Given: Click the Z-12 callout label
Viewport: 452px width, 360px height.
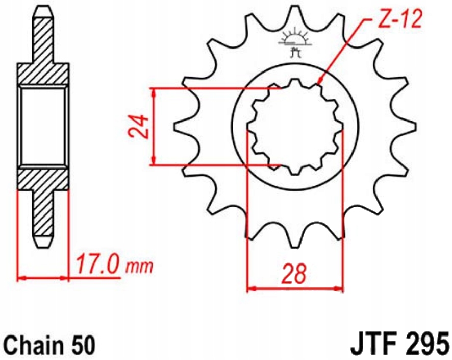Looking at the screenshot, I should point(400,21).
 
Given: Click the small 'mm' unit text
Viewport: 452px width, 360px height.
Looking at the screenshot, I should point(139,266).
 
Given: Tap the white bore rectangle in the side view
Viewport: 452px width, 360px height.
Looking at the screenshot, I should point(43,126).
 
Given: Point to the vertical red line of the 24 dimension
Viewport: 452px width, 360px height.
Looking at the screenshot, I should point(154,126).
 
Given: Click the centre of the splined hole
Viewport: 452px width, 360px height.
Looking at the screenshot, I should point(295,126).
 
